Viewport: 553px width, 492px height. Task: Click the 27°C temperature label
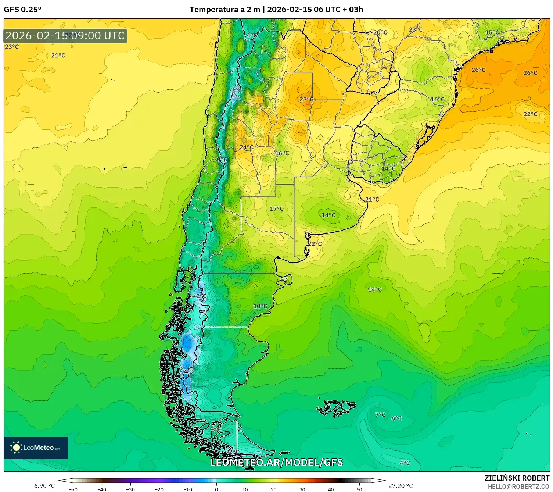pos(306,99)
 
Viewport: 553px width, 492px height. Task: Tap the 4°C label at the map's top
pos(252,35)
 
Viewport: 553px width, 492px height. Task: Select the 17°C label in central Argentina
pos(276,209)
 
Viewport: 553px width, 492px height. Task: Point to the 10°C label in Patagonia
pos(260,306)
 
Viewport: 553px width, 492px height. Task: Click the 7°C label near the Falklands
pos(380,415)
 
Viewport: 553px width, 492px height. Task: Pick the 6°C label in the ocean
pos(396,418)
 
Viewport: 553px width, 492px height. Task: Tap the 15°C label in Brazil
pos(492,32)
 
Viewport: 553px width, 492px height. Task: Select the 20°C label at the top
pos(380,32)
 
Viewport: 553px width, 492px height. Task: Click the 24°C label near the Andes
pos(246,147)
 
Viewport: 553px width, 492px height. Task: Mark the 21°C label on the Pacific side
pos(58,56)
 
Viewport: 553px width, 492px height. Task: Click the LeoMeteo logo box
pos(36,448)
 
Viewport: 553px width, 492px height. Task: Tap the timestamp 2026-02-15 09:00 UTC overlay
pos(65,36)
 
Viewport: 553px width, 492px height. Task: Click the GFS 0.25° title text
pos(22,10)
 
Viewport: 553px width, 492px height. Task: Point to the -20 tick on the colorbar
pos(159,489)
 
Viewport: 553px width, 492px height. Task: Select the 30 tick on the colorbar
pos(302,489)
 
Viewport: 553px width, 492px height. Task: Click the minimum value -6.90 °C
pos(43,486)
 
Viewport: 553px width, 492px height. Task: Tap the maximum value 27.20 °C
pos(401,486)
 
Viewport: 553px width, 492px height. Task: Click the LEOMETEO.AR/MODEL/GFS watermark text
pos(276,462)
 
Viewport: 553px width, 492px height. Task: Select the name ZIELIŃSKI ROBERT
pos(517,478)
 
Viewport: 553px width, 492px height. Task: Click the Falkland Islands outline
pos(336,408)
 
